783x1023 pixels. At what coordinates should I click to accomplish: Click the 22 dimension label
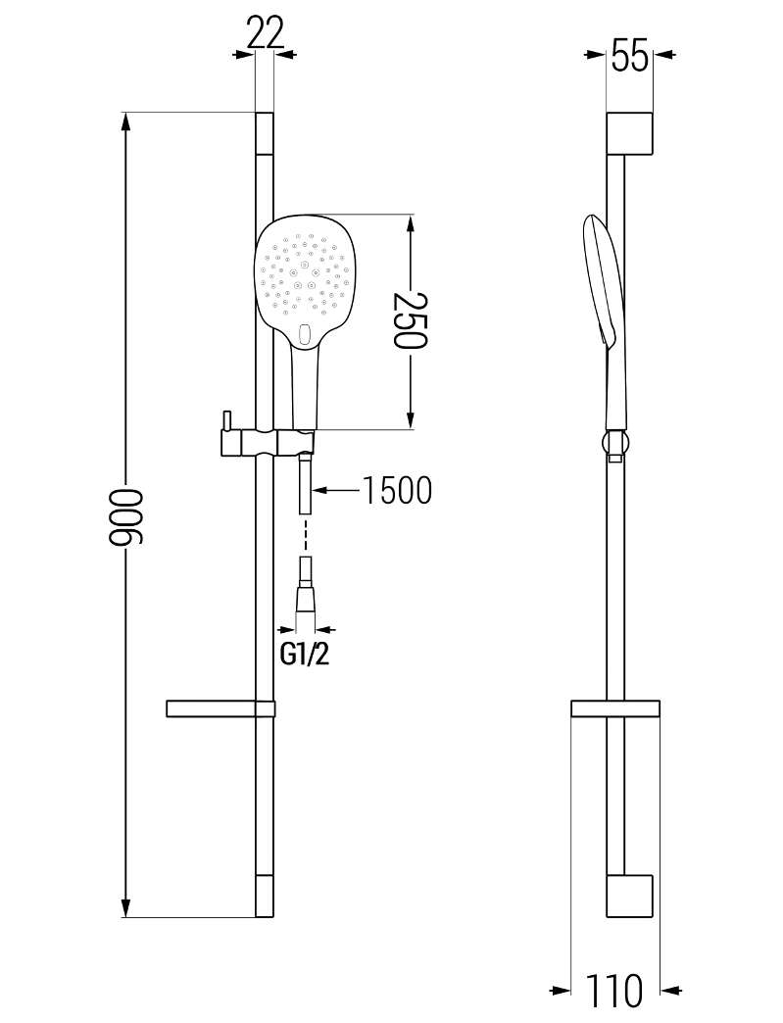tap(266, 34)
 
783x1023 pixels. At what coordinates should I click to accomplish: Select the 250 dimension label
tap(410, 320)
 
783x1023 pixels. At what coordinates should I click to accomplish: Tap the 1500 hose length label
tap(397, 490)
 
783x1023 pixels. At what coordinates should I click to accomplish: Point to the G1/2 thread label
tap(305, 655)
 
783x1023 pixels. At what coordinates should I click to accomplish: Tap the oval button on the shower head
tap(304, 334)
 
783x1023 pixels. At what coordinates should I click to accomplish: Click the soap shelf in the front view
tap(220, 709)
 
